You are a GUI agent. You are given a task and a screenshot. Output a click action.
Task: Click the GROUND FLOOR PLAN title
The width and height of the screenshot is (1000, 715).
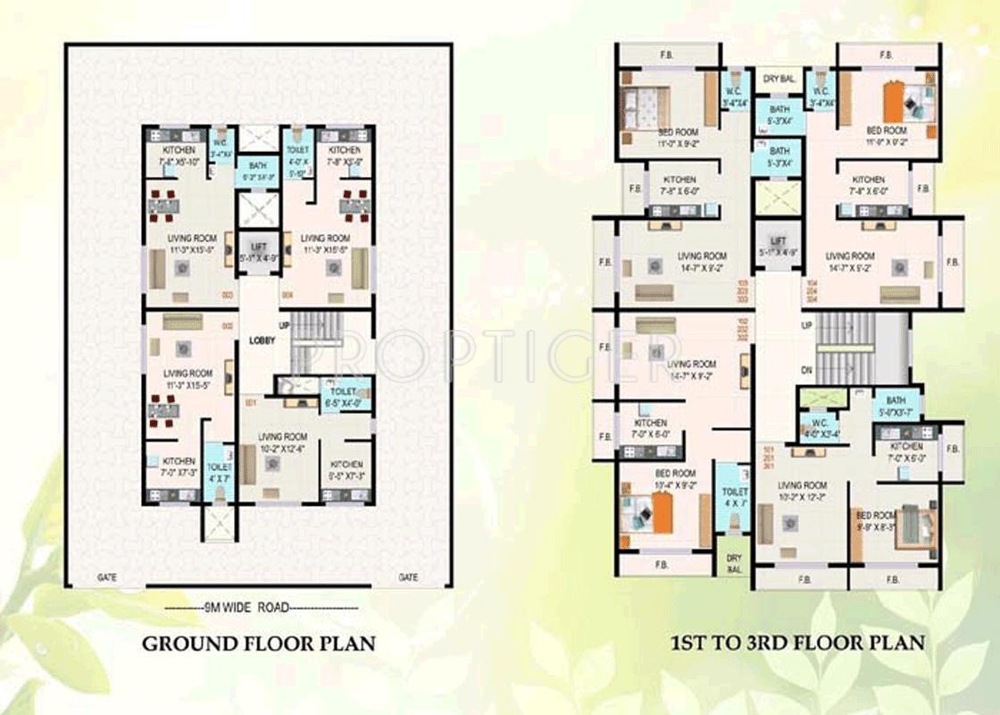260,643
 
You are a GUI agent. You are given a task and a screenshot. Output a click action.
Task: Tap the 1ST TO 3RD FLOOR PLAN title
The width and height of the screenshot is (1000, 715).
797,642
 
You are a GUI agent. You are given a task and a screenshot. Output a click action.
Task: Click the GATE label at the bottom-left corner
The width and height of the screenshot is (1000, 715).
107,578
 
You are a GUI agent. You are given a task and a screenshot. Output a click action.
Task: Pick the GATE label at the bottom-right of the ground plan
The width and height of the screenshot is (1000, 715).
408,578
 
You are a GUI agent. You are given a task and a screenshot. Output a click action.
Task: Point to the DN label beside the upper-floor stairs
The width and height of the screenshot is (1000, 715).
807,370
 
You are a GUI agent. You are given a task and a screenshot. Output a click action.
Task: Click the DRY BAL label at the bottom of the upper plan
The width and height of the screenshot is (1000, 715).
734,563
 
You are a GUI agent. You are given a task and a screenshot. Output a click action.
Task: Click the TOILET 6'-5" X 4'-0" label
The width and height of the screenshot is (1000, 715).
343,397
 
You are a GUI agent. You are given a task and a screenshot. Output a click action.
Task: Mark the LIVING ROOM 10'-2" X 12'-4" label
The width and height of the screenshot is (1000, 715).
283,442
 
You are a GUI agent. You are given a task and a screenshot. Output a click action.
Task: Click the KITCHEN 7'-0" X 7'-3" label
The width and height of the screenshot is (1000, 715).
179,467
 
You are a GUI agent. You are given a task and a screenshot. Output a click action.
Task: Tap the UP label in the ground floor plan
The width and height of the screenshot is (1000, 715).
285,325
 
